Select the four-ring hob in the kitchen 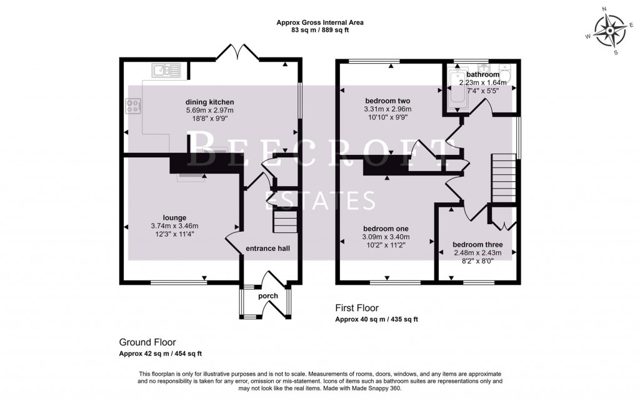click(x=133, y=106)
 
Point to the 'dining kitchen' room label click(x=209, y=102)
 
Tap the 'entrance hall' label click(x=267, y=249)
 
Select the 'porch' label click(x=268, y=295)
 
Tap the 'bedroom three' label click(x=477, y=244)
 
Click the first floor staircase click(x=504, y=179)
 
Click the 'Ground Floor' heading click(x=147, y=342)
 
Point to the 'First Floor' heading click(x=356, y=308)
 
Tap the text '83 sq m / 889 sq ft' click(x=320, y=29)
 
